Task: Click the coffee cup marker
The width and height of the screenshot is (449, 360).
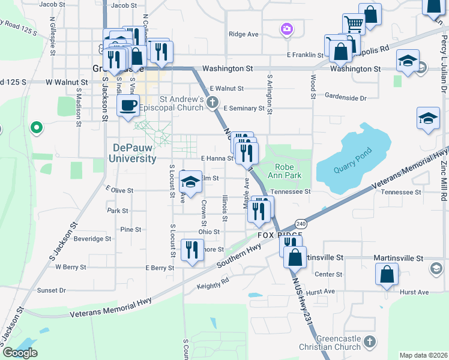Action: (128, 106)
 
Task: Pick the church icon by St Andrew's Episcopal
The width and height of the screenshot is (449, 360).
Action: (211, 103)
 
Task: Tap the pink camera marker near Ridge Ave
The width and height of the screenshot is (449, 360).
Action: (287, 28)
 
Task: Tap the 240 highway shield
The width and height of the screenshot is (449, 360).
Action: (301, 224)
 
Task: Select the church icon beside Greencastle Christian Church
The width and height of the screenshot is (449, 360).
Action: (369, 342)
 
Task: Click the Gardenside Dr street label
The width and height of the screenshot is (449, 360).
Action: (345, 97)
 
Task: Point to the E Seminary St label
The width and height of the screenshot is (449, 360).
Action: (244, 109)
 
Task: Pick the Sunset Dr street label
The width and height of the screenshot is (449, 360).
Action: (52, 290)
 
